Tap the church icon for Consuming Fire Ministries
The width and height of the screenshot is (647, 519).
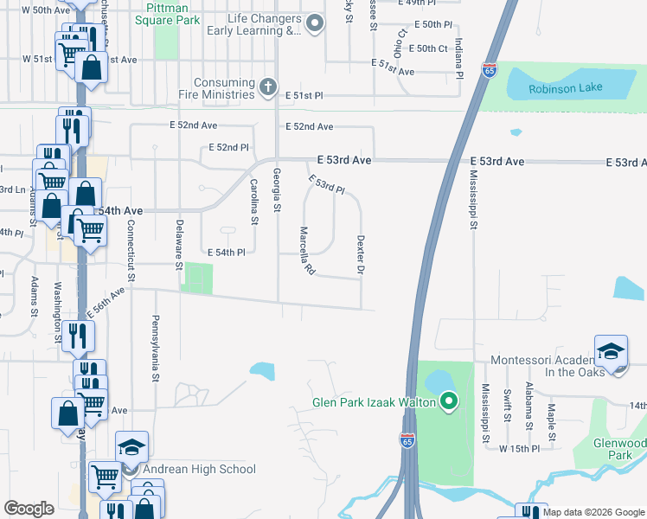[268, 86]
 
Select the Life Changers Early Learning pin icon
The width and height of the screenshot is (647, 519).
[316, 24]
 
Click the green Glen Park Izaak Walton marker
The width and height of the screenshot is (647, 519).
[448, 401]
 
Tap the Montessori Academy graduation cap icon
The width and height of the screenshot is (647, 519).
[611, 351]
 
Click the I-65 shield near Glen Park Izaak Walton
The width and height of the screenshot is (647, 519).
[407, 440]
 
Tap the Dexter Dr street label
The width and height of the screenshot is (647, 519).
[361, 255]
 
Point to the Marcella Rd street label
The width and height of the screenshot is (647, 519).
[305, 252]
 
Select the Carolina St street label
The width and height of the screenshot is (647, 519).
[254, 202]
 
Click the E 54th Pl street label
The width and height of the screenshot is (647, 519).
[227, 252]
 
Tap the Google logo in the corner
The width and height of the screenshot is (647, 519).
[29, 509]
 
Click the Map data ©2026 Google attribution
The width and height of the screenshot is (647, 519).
[594, 512]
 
